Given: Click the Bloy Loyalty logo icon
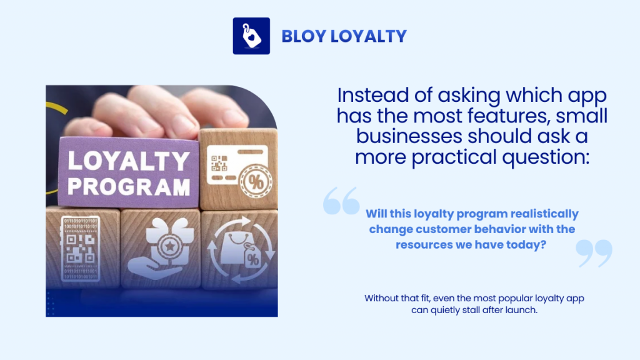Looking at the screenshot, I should [251, 36].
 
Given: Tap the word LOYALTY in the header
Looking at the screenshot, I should [369, 36].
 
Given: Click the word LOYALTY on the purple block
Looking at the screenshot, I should [128, 161].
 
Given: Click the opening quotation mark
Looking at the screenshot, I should [341, 201].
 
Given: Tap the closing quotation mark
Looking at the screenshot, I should [594, 252].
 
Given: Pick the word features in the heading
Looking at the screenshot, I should [507, 116].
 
